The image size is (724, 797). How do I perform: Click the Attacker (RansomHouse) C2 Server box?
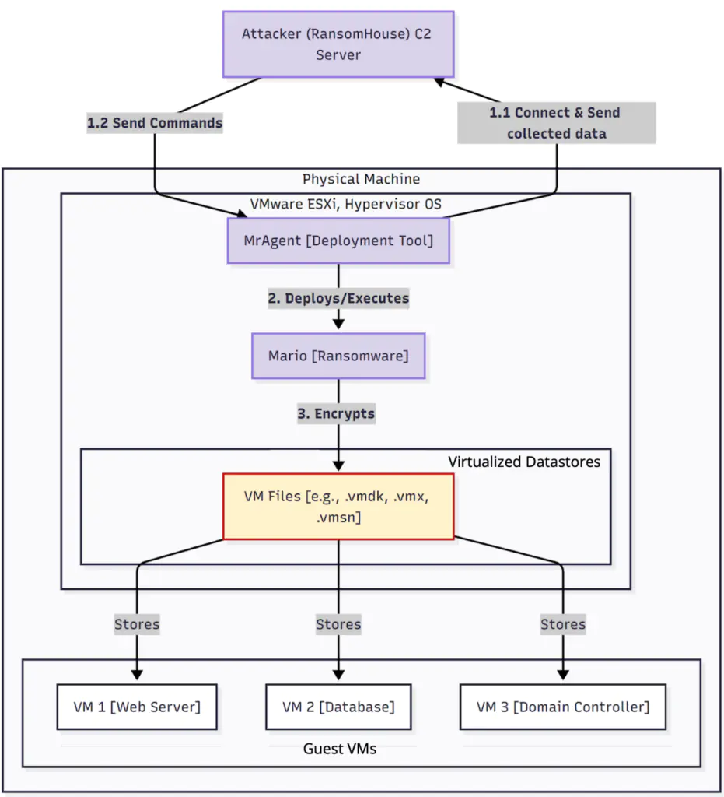tap(338, 44)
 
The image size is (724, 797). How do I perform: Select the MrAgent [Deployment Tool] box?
tap(338, 241)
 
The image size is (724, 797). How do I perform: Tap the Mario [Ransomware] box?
tap(338, 356)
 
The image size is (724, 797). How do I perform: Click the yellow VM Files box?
tap(338, 506)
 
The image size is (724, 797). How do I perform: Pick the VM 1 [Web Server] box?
tap(137, 707)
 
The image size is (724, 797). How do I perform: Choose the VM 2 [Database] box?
tap(338, 707)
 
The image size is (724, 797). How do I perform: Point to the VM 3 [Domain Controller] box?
tap(563, 707)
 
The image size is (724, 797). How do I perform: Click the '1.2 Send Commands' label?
tap(154, 123)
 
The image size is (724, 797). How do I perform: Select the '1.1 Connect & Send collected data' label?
tap(556, 123)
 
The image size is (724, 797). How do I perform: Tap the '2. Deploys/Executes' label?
tap(338, 298)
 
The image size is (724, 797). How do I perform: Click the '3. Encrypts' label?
tap(336, 413)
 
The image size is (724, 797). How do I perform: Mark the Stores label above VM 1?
tap(137, 623)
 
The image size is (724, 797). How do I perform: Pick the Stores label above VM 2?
tap(338, 623)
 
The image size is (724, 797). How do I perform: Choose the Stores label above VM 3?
tap(563, 623)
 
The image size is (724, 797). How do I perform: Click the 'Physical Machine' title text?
tap(361, 179)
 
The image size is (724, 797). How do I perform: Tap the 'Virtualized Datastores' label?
tap(524, 462)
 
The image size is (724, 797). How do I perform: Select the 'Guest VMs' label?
tap(340, 749)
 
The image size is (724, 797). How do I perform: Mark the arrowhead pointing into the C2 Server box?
tap(440, 81)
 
